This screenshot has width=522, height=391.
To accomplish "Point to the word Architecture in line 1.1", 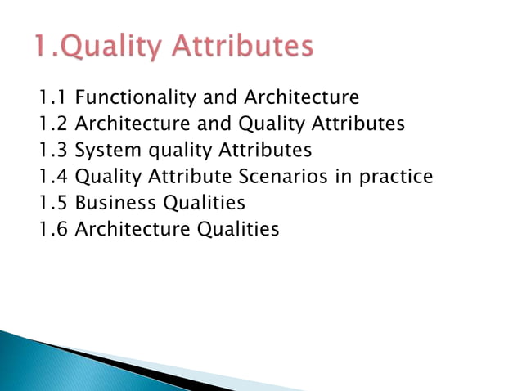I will (300, 98).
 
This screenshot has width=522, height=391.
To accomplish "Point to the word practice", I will (397, 177).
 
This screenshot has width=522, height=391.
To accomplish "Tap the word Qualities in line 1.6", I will (238, 229).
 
